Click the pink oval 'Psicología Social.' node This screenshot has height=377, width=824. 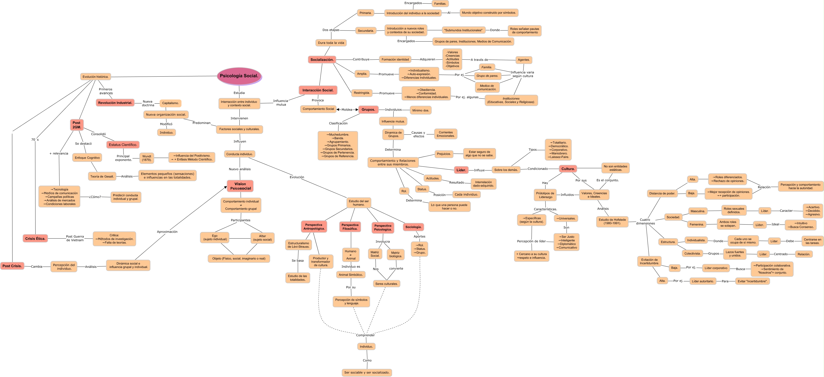[x=239, y=76]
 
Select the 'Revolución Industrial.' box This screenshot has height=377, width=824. [x=115, y=103]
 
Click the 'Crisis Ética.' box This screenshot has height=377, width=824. [x=35, y=239]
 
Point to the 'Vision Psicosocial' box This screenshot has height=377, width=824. [x=240, y=186]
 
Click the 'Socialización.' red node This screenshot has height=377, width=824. [x=322, y=60]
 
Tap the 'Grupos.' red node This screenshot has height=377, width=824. [x=368, y=109]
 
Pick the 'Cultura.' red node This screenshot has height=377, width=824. [x=568, y=169]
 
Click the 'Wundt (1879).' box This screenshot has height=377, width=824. [x=147, y=158]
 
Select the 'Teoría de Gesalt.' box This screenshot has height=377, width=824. [x=102, y=176]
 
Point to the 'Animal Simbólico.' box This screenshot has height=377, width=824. [x=351, y=275]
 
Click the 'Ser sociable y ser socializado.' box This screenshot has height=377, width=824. [x=367, y=372]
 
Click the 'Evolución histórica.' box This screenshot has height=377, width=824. [x=95, y=77]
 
